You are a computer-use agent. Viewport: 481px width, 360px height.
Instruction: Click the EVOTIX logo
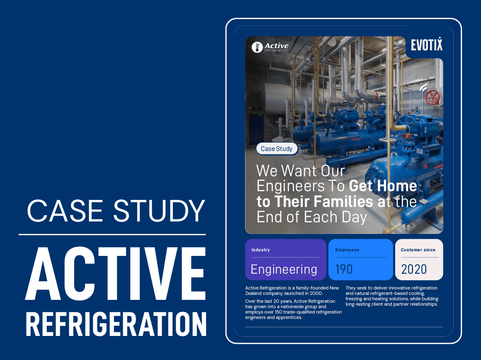tap(426, 45)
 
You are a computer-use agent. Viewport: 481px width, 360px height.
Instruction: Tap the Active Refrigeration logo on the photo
tap(270, 47)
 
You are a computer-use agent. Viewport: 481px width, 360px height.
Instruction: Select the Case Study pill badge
tap(277, 149)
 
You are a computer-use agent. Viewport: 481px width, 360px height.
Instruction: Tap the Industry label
tap(260, 250)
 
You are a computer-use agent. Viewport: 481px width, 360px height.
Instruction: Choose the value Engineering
tap(284, 269)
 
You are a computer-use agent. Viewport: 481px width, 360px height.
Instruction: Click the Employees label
tap(347, 250)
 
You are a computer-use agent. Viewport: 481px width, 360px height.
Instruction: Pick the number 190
tap(344, 269)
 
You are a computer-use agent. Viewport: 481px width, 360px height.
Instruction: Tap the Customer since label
tap(418, 250)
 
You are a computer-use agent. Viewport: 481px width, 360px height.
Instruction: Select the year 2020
tap(414, 269)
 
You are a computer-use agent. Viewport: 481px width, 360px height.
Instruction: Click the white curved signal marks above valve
tap(423, 88)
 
